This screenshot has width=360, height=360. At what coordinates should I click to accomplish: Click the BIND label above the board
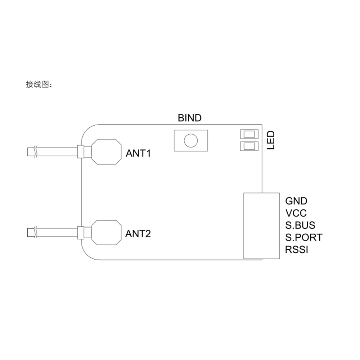pos(190,118)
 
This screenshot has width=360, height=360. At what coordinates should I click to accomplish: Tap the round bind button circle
pos(190,140)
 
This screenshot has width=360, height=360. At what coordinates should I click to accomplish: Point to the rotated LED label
pos(271,140)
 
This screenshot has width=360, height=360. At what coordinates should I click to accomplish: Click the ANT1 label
pos(138,153)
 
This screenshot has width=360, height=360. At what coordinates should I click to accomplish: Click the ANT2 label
pos(138,234)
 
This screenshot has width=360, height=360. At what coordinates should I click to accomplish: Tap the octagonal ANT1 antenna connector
pos(106,152)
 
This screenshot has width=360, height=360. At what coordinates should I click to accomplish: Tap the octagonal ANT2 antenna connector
pos(106,232)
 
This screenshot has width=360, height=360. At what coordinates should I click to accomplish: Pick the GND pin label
pos(296,201)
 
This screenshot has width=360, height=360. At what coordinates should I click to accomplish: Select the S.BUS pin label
pos(300,225)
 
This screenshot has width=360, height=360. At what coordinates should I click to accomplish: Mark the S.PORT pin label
pos(304,238)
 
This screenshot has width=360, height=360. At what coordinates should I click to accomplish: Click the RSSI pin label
pos(297,249)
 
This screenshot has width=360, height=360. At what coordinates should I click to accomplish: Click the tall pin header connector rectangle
pos(262,226)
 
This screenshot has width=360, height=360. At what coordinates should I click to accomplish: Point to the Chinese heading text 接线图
pos(38,85)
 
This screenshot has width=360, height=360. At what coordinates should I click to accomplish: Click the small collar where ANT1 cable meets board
pos(81,152)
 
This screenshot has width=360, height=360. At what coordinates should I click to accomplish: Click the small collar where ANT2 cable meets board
pos(81,232)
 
